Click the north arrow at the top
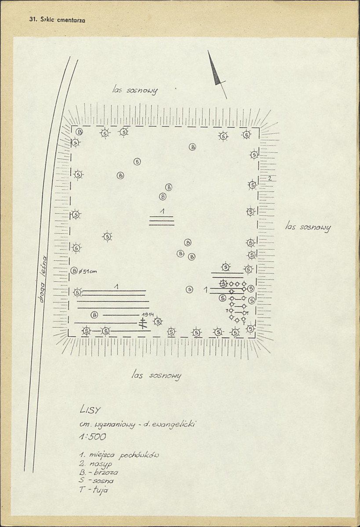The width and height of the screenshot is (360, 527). tap(216, 72)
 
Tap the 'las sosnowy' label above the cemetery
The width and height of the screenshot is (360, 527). tap(135, 90)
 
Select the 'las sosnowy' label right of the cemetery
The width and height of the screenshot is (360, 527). tap(308, 227)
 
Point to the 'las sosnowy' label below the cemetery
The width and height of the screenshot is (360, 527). tap(156, 375)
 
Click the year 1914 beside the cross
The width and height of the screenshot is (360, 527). tap(147, 315)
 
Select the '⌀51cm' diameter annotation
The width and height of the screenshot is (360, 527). tap(88, 271)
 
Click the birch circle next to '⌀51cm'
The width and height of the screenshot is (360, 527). tap(74, 271)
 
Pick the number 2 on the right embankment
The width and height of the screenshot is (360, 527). tap(269, 178)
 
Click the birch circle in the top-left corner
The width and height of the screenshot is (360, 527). tap(80, 131)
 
